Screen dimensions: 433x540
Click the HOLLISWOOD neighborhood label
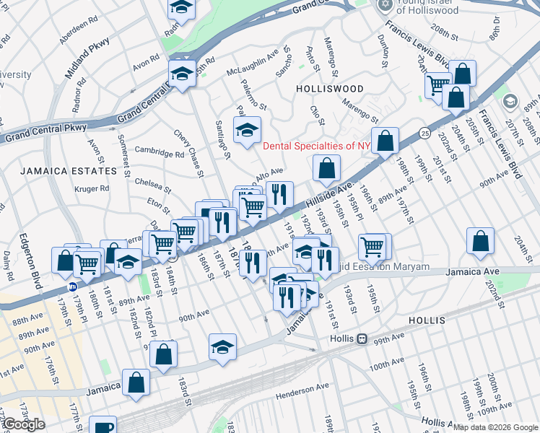click(329, 88)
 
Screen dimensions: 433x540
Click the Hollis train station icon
click(362, 338)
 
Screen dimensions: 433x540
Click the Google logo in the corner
click(23, 424)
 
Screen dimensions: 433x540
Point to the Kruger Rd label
click(92, 189)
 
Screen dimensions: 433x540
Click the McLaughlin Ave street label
click(253, 63)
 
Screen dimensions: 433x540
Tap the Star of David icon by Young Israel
click(385, 4)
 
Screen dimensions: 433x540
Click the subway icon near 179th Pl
click(73, 287)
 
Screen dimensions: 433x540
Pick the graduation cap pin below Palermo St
click(248, 131)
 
